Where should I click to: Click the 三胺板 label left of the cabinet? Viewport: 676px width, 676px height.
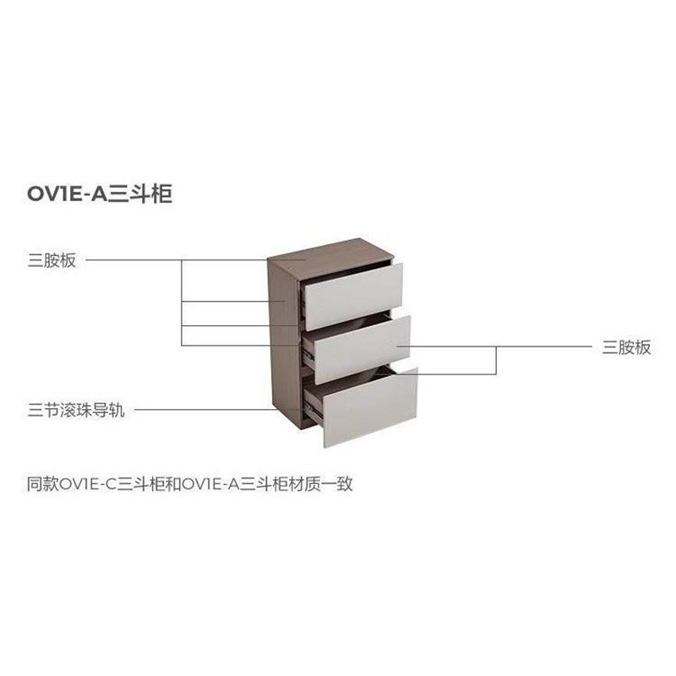(52, 260)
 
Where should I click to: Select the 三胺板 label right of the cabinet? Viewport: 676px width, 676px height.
(626, 347)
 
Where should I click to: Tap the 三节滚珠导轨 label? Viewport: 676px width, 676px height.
(75, 412)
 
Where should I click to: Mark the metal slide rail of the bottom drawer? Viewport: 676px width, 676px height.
(313, 412)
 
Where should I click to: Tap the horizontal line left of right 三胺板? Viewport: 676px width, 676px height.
(541, 346)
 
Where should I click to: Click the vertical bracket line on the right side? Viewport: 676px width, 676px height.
(496, 359)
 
